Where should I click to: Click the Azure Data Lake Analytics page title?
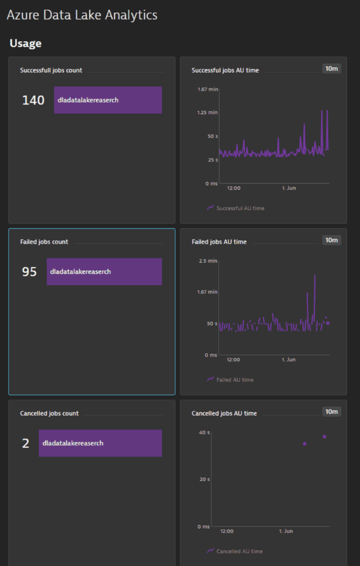pos(82,15)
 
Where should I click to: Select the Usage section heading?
pos(26,43)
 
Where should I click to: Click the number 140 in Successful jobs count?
pos(33,100)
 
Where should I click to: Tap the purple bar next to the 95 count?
pos(104,271)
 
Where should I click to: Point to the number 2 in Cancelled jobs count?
pos(26,443)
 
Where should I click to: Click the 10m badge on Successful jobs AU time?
pos(331,68)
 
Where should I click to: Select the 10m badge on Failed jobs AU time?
pos(331,240)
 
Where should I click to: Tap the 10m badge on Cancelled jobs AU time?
pos(331,412)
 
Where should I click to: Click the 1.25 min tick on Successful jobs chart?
pos(207,112)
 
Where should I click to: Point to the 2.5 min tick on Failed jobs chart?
pos(208,261)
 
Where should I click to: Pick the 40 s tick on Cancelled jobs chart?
pos(204,432)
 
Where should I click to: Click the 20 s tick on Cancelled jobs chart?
pos(204,479)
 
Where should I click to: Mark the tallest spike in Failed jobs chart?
pos(315,276)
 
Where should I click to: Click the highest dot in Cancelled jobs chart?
pos(324,436)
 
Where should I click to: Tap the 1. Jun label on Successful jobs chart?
pos(289,188)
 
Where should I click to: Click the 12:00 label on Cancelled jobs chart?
pos(227,531)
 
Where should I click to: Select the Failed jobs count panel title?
pos(44,242)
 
